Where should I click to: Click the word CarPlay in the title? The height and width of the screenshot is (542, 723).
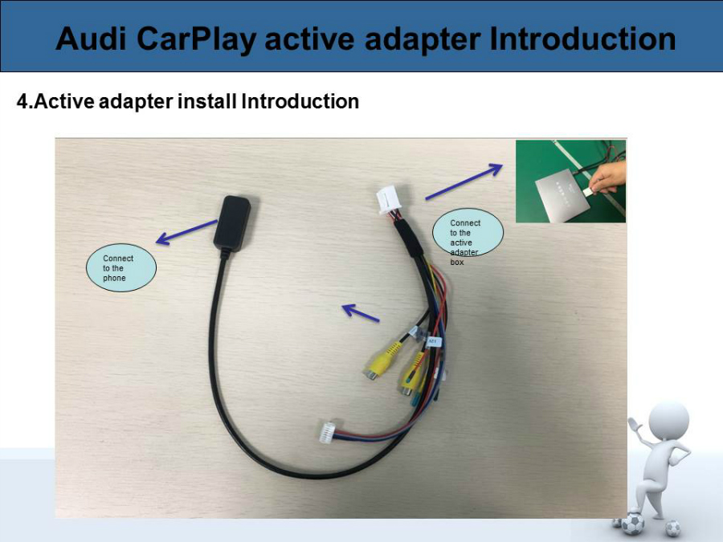[x=196, y=39]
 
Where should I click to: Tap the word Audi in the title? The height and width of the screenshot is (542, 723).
[x=90, y=39]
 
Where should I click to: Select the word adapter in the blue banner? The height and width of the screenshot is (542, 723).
[x=422, y=39]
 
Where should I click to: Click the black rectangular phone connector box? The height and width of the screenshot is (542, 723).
[x=233, y=223]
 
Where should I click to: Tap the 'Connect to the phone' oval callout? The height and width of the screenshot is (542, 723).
[x=121, y=267]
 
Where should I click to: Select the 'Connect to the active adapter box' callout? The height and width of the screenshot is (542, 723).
[x=468, y=234]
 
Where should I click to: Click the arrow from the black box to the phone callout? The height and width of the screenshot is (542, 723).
[x=186, y=232]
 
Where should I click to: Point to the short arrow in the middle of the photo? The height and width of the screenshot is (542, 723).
[x=361, y=312]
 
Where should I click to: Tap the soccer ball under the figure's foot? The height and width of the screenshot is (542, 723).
[x=632, y=524]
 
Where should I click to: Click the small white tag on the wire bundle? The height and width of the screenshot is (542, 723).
[x=434, y=341]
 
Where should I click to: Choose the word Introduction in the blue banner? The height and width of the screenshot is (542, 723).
[x=582, y=39]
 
